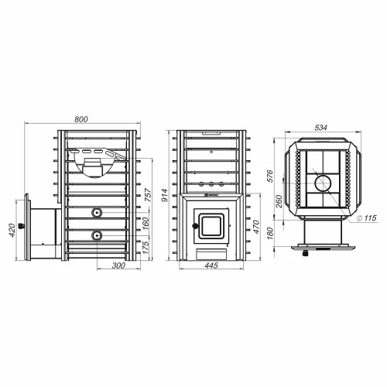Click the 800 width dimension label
pyautogui.click(x=81, y=119)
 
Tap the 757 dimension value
pyautogui.click(x=148, y=195)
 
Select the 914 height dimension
pyautogui.click(x=165, y=195)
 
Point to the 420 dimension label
pyautogui.click(x=12, y=230)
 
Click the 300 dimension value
pyautogui.click(x=118, y=265)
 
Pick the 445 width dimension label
pyautogui.click(x=211, y=265)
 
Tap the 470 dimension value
pyautogui.click(x=255, y=227)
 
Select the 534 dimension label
pyautogui.click(x=321, y=128)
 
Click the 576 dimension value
pyautogui.click(x=270, y=176)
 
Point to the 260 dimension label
pyautogui.click(x=279, y=201)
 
